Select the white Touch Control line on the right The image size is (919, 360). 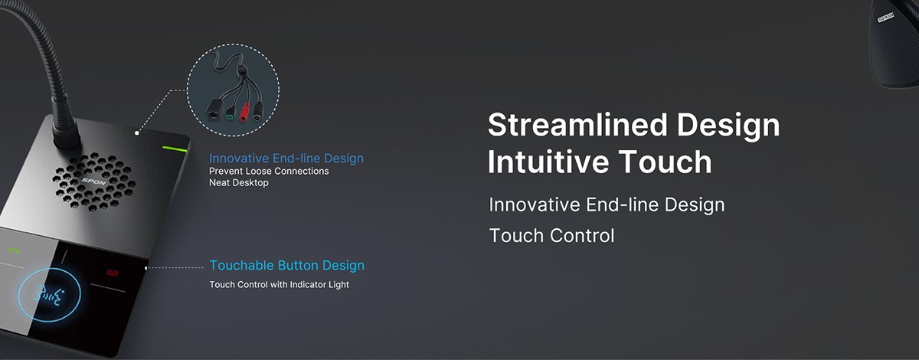(552, 236)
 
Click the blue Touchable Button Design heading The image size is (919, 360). (286, 266)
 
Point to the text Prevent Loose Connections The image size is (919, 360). (269, 171)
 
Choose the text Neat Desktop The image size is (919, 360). (239, 182)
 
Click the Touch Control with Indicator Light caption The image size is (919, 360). (279, 284)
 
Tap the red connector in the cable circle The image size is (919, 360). (244, 112)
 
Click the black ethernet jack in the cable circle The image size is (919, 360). (213, 110)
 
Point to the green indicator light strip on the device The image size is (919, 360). (175, 149)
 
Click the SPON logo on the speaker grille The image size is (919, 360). (93, 181)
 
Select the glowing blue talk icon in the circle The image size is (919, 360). (49, 295)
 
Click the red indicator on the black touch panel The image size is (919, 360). (112, 273)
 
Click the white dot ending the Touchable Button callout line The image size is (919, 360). (146, 268)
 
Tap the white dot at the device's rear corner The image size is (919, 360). (137, 133)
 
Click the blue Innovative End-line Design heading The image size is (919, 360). (286, 159)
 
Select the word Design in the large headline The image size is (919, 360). (728, 126)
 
